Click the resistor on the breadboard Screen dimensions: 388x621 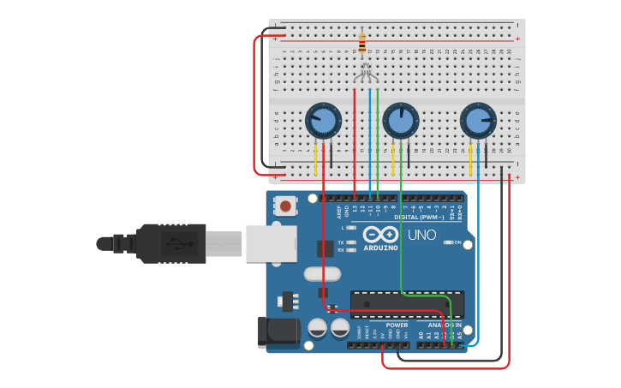coord(362,42)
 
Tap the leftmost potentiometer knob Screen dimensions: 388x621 coord(323,121)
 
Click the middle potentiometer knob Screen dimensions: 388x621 coord(400,121)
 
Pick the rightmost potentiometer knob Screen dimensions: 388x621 coord(478,121)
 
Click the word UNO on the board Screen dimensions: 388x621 coord(421,235)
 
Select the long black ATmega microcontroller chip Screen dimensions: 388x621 coord(408,304)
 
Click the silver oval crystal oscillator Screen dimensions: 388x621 coord(322,274)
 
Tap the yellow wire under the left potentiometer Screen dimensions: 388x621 coord(316,158)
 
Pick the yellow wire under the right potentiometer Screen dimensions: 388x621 coord(471,158)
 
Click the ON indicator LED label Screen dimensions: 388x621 coord(457,242)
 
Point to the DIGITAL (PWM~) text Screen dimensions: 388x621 coord(419,218)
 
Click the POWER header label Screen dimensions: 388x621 coord(397,325)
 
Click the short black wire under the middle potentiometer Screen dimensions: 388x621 coord(409,156)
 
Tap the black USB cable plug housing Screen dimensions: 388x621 coord(171,243)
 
